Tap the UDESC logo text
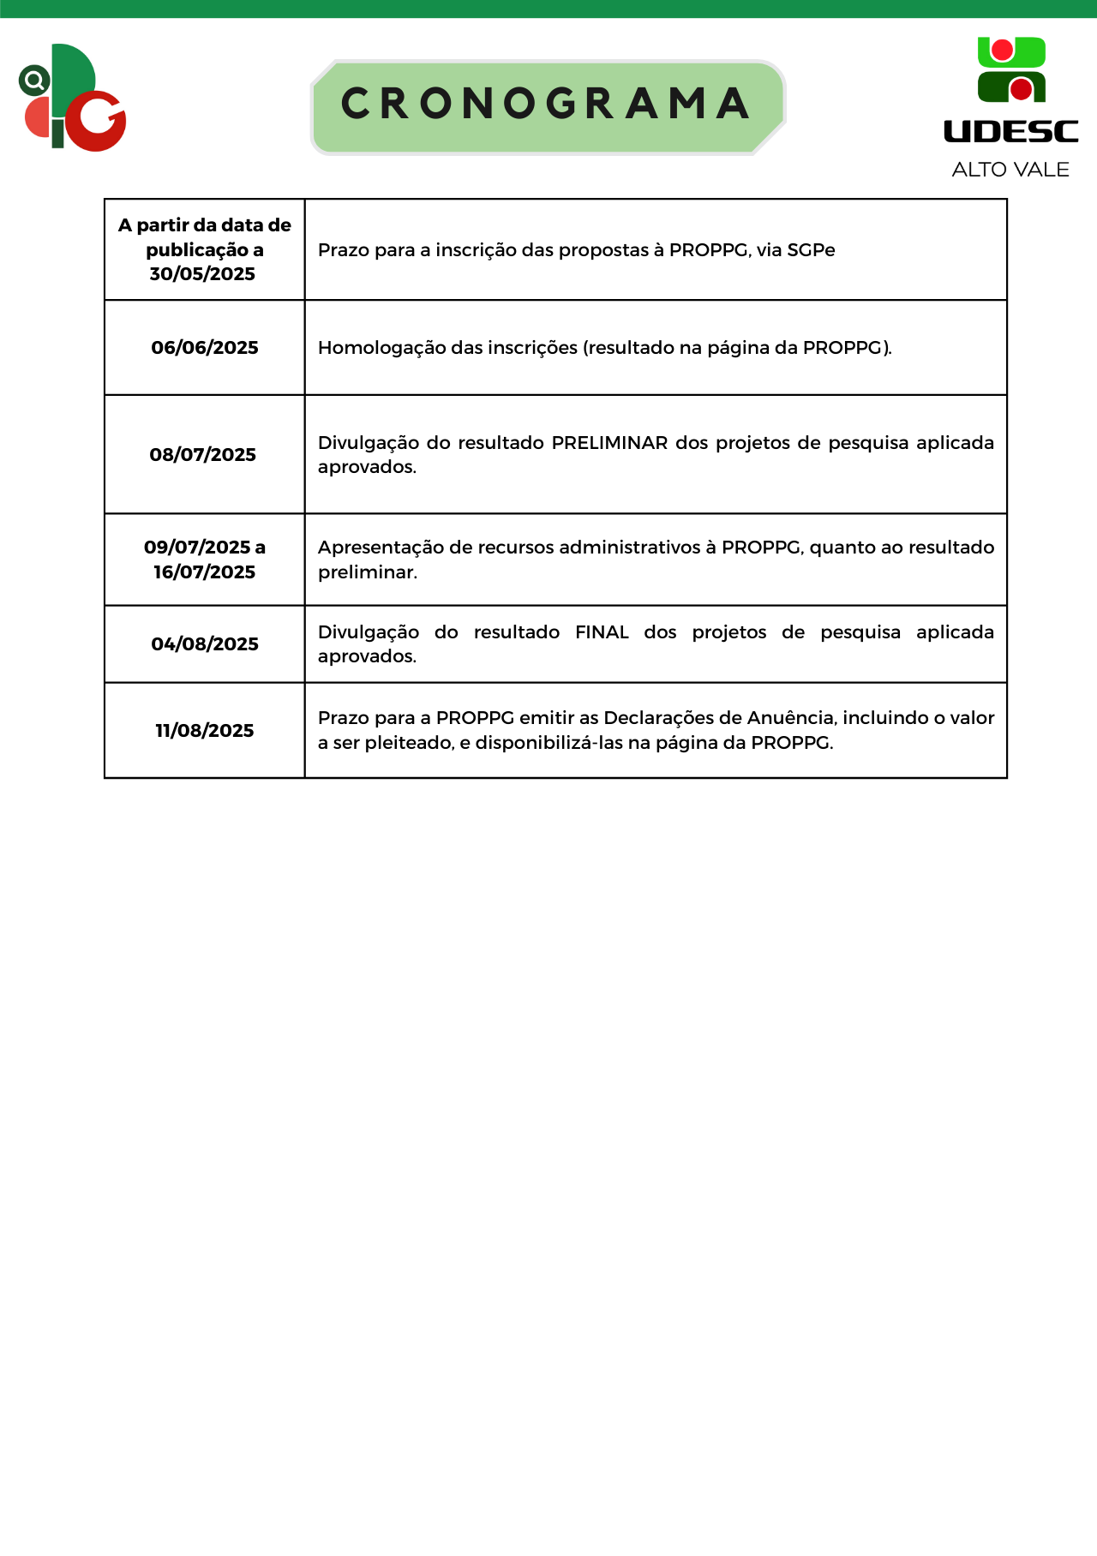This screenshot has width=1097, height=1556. coord(1010,131)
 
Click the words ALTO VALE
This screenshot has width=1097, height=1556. coord(1010,170)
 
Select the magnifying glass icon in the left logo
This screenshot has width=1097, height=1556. coord(34,81)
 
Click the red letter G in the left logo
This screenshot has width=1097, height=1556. coord(97,121)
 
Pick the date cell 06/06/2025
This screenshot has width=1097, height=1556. coord(205,348)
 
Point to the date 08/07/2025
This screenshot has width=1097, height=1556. coord(203,455)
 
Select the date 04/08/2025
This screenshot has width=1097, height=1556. coord(205,644)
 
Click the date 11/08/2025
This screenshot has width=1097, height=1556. coord(205,731)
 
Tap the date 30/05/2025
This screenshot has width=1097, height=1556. coord(203,274)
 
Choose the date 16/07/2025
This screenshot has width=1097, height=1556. coord(205,572)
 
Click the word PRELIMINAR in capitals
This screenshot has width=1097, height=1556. coord(609,443)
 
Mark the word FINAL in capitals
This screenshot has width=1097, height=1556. coord(602,632)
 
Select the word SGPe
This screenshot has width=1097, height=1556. coord(811,250)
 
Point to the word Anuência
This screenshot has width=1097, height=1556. coord(790,718)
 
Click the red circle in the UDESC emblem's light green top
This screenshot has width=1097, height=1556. coord(1002,51)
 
